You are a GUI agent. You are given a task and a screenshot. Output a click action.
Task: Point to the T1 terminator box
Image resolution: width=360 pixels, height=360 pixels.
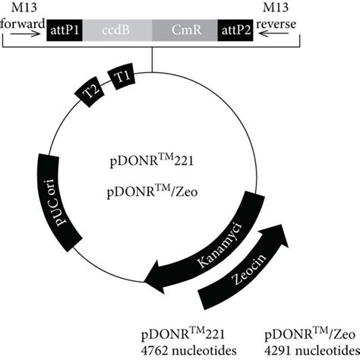tap(124, 78)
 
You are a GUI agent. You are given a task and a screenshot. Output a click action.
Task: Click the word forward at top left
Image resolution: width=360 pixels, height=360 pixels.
tap(22, 21)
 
